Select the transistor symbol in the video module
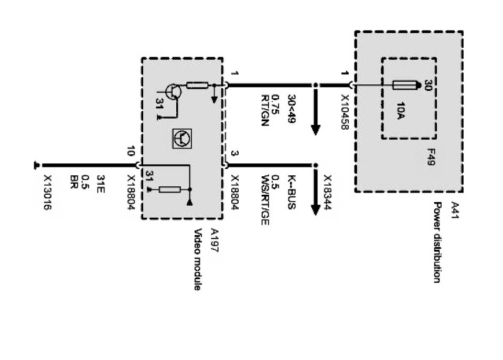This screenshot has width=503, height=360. tap(173, 92)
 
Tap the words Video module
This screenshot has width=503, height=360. tap(198, 260)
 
